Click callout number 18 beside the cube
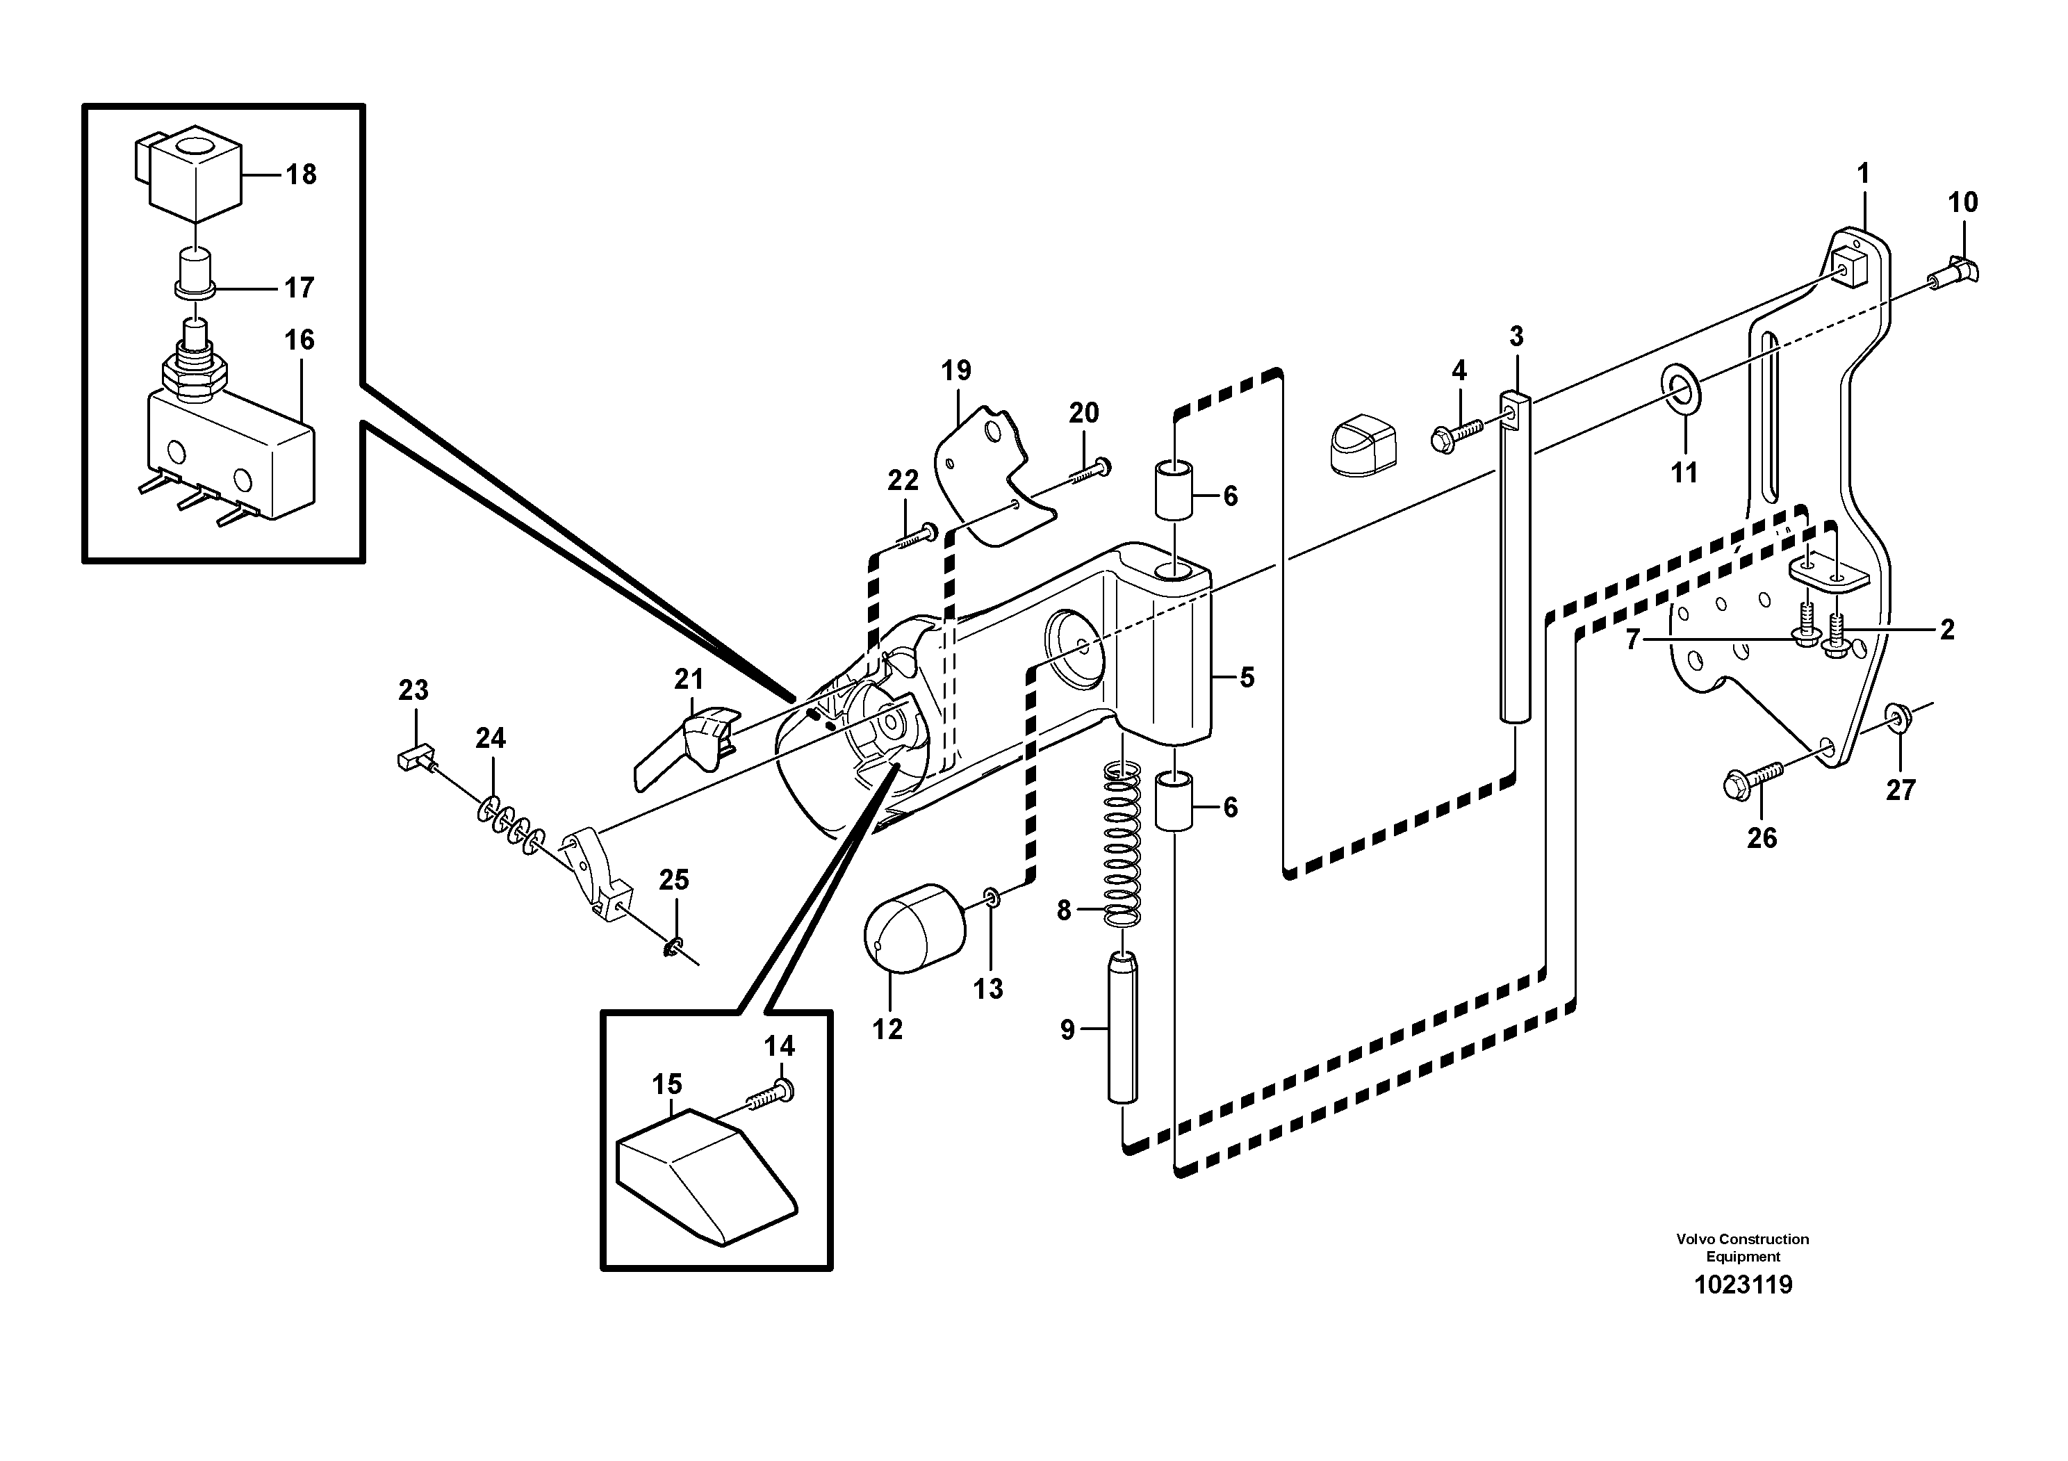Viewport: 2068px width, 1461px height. (x=301, y=174)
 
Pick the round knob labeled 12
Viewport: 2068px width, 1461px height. (x=913, y=929)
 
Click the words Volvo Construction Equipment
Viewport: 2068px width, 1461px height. (x=1742, y=1248)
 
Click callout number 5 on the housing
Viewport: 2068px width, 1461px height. (x=1247, y=678)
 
